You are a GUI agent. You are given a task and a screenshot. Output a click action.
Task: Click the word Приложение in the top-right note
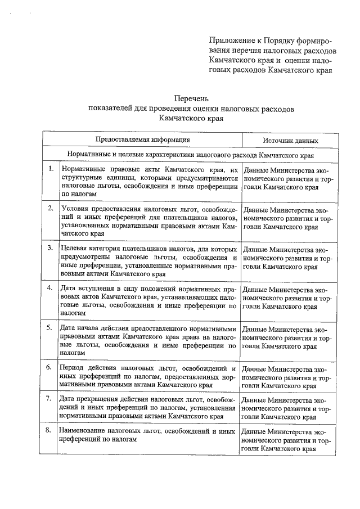(x=229, y=41)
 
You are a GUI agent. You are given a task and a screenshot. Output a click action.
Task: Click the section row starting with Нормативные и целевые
(x=190, y=154)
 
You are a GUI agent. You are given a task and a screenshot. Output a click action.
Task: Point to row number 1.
(x=51, y=169)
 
